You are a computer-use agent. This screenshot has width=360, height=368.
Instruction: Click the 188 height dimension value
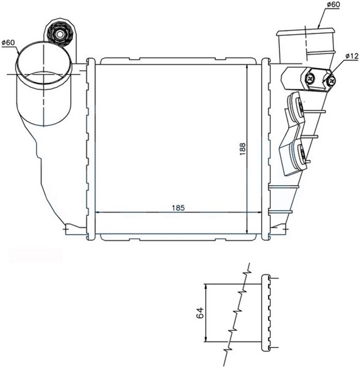pos(242,148)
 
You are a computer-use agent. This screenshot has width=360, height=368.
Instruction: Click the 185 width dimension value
pos(178,208)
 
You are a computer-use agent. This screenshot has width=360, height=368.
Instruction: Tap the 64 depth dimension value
pos(200,313)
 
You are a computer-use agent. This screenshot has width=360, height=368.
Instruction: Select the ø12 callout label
pos(352,56)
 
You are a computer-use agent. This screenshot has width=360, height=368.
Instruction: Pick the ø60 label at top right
pos(333,5)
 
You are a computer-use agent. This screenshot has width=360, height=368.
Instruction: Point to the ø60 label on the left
pos(8,43)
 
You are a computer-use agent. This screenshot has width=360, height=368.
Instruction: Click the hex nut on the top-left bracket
pos(60,34)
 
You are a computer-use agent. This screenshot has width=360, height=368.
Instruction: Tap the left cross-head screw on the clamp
pos(310,78)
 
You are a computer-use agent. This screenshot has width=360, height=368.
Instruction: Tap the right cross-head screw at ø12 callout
pos(332,81)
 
